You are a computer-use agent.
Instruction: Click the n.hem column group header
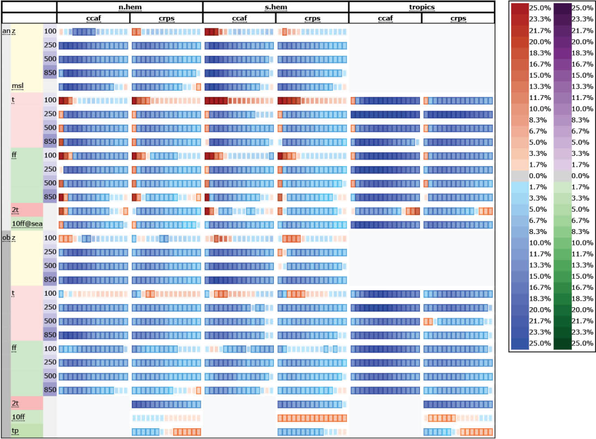coord(130,7)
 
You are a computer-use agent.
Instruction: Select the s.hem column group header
coord(276,7)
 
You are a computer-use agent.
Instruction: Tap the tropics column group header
coord(422,7)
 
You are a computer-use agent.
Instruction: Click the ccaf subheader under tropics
coord(385,19)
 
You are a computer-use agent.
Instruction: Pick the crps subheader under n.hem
coord(166,19)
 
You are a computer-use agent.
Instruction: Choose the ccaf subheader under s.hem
coord(239,19)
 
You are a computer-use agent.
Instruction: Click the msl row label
coord(18,86)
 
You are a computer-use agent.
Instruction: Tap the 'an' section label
coord(6,31)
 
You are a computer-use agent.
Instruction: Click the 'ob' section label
coord(6,238)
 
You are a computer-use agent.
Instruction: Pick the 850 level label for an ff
coord(50,197)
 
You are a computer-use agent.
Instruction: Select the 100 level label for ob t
coord(50,294)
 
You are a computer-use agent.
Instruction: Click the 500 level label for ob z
coord(50,266)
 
